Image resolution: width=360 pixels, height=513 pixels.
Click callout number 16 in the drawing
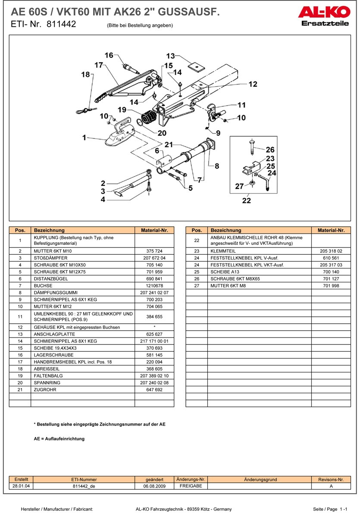click(x=109, y=55)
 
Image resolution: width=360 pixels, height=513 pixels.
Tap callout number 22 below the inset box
click(x=246, y=200)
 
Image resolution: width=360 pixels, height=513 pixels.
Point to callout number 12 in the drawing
click(x=253, y=84)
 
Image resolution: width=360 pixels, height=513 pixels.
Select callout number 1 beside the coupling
click(x=85, y=138)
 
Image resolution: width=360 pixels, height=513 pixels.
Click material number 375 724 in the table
click(x=154, y=250)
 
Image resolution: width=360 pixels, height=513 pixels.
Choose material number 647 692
click(x=154, y=389)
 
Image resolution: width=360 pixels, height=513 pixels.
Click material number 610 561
click(x=331, y=258)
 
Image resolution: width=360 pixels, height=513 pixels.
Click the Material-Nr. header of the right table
click(x=331, y=230)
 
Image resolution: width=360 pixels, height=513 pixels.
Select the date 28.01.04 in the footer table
click(x=21, y=486)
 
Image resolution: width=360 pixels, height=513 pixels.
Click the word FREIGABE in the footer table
click(x=191, y=486)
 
